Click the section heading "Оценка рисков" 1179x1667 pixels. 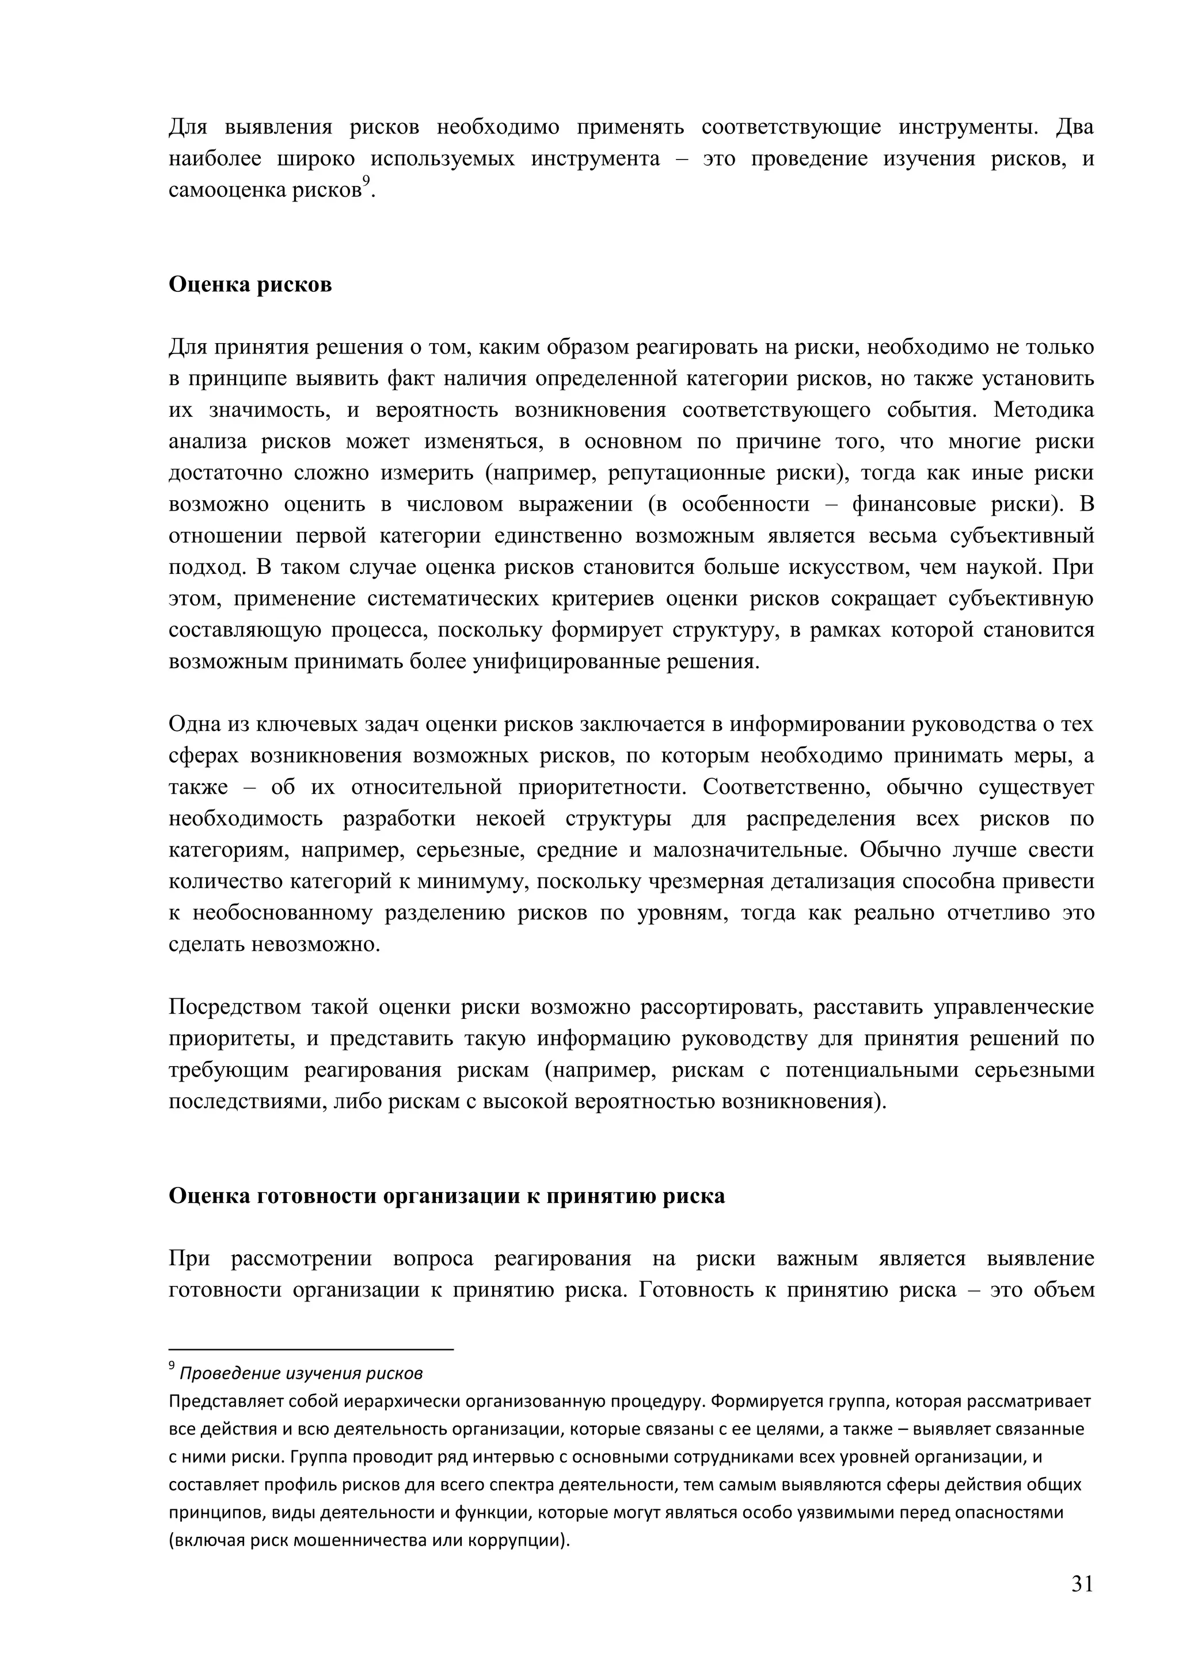tap(250, 284)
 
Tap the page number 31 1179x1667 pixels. tap(1082, 1583)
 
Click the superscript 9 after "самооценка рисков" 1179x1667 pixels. tap(367, 181)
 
